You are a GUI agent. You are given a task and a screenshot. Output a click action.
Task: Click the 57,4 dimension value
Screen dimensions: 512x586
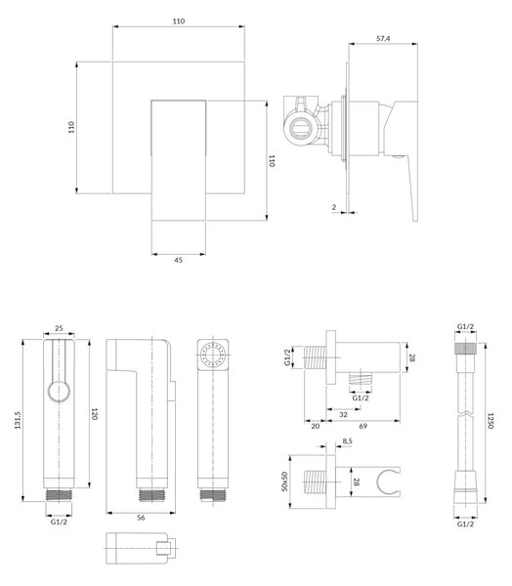tap(383, 38)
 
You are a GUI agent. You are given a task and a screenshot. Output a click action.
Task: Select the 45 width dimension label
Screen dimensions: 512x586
tap(179, 260)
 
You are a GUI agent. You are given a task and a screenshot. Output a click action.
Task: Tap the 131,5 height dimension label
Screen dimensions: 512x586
tap(18, 420)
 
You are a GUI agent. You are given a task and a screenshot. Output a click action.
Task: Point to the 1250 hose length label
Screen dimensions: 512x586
tap(491, 421)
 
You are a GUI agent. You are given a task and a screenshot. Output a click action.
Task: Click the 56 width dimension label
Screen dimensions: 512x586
tap(141, 518)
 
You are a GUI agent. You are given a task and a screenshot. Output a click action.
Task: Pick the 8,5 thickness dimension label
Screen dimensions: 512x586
tap(347, 441)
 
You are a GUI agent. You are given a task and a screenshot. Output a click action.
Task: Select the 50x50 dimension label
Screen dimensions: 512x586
tap(285, 481)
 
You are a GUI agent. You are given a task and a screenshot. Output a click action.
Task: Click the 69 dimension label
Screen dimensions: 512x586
tap(363, 426)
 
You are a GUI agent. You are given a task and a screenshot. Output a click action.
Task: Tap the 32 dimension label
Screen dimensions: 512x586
tap(343, 414)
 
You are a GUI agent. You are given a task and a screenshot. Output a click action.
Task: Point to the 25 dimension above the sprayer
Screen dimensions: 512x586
tap(59, 328)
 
